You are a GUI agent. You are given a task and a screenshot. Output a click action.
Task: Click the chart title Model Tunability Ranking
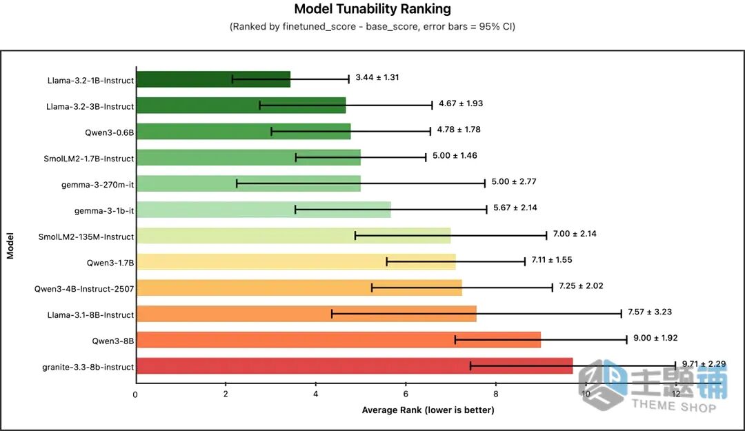pyautogui.click(x=372, y=9)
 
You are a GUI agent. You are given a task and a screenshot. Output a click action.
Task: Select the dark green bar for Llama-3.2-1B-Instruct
pyautogui.click(x=213, y=79)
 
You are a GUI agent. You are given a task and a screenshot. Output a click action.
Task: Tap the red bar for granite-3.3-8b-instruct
pyautogui.click(x=355, y=366)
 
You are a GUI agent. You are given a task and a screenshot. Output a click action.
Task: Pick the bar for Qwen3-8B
pyautogui.click(x=339, y=340)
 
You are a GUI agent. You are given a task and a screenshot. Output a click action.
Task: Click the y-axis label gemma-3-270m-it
pyautogui.click(x=97, y=184)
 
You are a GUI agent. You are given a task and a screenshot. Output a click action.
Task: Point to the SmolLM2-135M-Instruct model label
pyautogui.click(x=86, y=237)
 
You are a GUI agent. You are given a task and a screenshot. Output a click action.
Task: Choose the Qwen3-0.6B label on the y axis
pyautogui.click(x=109, y=132)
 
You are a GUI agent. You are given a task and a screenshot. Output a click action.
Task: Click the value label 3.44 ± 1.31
pyautogui.click(x=377, y=77)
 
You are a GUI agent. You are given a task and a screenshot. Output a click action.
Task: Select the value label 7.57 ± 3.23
pyautogui.click(x=650, y=312)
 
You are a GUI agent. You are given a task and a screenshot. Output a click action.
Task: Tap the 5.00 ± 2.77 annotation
pyautogui.click(x=514, y=181)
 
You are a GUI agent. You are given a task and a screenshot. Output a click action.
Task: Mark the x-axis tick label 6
pyautogui.click(x=406, y=394)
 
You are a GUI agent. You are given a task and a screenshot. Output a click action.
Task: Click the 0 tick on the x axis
pyautogui.click(x=135, y=394)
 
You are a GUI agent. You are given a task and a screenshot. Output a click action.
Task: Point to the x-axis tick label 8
pyautogui.click(x=495, y=394)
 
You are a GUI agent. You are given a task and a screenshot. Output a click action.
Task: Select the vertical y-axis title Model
pyautogui.click(x=10, y=245)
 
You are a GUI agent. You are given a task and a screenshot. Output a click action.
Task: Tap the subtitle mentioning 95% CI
pyautogui.click(x=372, y=27)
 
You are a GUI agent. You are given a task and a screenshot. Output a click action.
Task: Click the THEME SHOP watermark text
pyautogui.click(x=673, y=405)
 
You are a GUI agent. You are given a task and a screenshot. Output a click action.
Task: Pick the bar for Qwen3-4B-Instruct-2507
pyautogui.click(x=299, y=288)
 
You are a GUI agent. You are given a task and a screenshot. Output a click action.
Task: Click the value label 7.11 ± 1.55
pyautogui.click(x=552, y=260)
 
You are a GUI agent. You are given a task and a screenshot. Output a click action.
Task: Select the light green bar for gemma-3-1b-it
pyautogui.click(x=264, y=210)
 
